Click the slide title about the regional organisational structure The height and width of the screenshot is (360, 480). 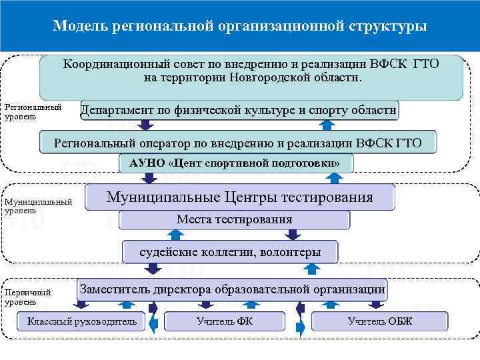(240, 26)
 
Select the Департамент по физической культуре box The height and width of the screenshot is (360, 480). (239, 110)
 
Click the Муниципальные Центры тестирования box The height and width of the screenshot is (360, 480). (240, 197)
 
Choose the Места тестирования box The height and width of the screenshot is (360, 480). (234, 220)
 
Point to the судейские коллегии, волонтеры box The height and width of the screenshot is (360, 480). (230, 252)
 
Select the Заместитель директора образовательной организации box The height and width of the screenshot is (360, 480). (232, 289)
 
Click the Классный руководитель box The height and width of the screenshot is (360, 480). (81, 321)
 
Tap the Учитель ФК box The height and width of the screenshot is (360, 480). (224, 321)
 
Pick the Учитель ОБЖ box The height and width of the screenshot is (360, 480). (379, 321)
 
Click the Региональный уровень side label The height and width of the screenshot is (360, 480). (32, 111)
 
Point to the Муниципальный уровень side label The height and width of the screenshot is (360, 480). (37, 206)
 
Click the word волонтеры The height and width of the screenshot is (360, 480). (290, 252)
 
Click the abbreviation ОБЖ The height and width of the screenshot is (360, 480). (401, 321)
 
